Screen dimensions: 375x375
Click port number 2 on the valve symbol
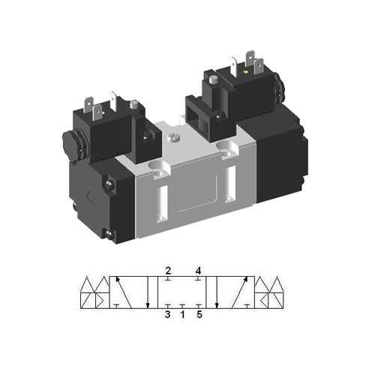[x=169, y=270]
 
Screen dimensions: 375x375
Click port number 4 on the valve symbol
[x=198, y=270]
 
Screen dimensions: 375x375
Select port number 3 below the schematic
[x=169, y=315]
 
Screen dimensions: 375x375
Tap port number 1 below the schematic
[x=183, y=315]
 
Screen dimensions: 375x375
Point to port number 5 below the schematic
[x=199, y=315]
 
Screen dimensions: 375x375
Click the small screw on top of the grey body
[x=175, y=137]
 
